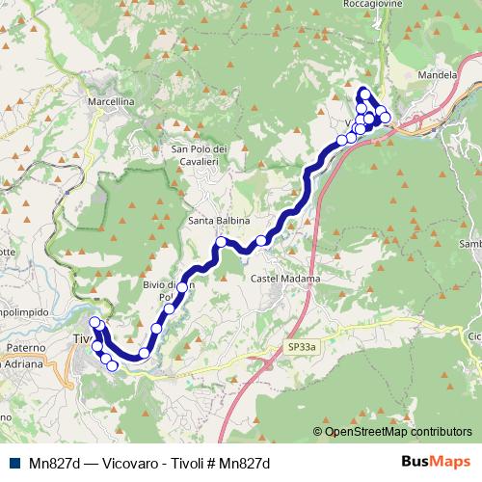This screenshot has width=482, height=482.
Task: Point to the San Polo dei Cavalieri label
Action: (x=199, y=155)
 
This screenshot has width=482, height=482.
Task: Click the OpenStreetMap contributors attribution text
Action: (x=397, y=433)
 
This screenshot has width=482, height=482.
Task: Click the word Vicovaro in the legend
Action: (x=114, y=464)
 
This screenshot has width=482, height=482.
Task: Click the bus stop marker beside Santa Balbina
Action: (x=221, y=242)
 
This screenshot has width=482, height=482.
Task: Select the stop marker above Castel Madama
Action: (x=261, y=240)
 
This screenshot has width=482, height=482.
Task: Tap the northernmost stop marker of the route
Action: (x=364, y=94)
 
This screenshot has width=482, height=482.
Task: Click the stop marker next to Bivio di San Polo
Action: (x=181, y=287)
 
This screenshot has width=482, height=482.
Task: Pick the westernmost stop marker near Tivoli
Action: (x=94, y=323)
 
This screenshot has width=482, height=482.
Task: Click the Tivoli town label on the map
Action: (x=82, y=338)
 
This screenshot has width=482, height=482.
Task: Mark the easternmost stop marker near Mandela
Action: (x=386, y=118)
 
